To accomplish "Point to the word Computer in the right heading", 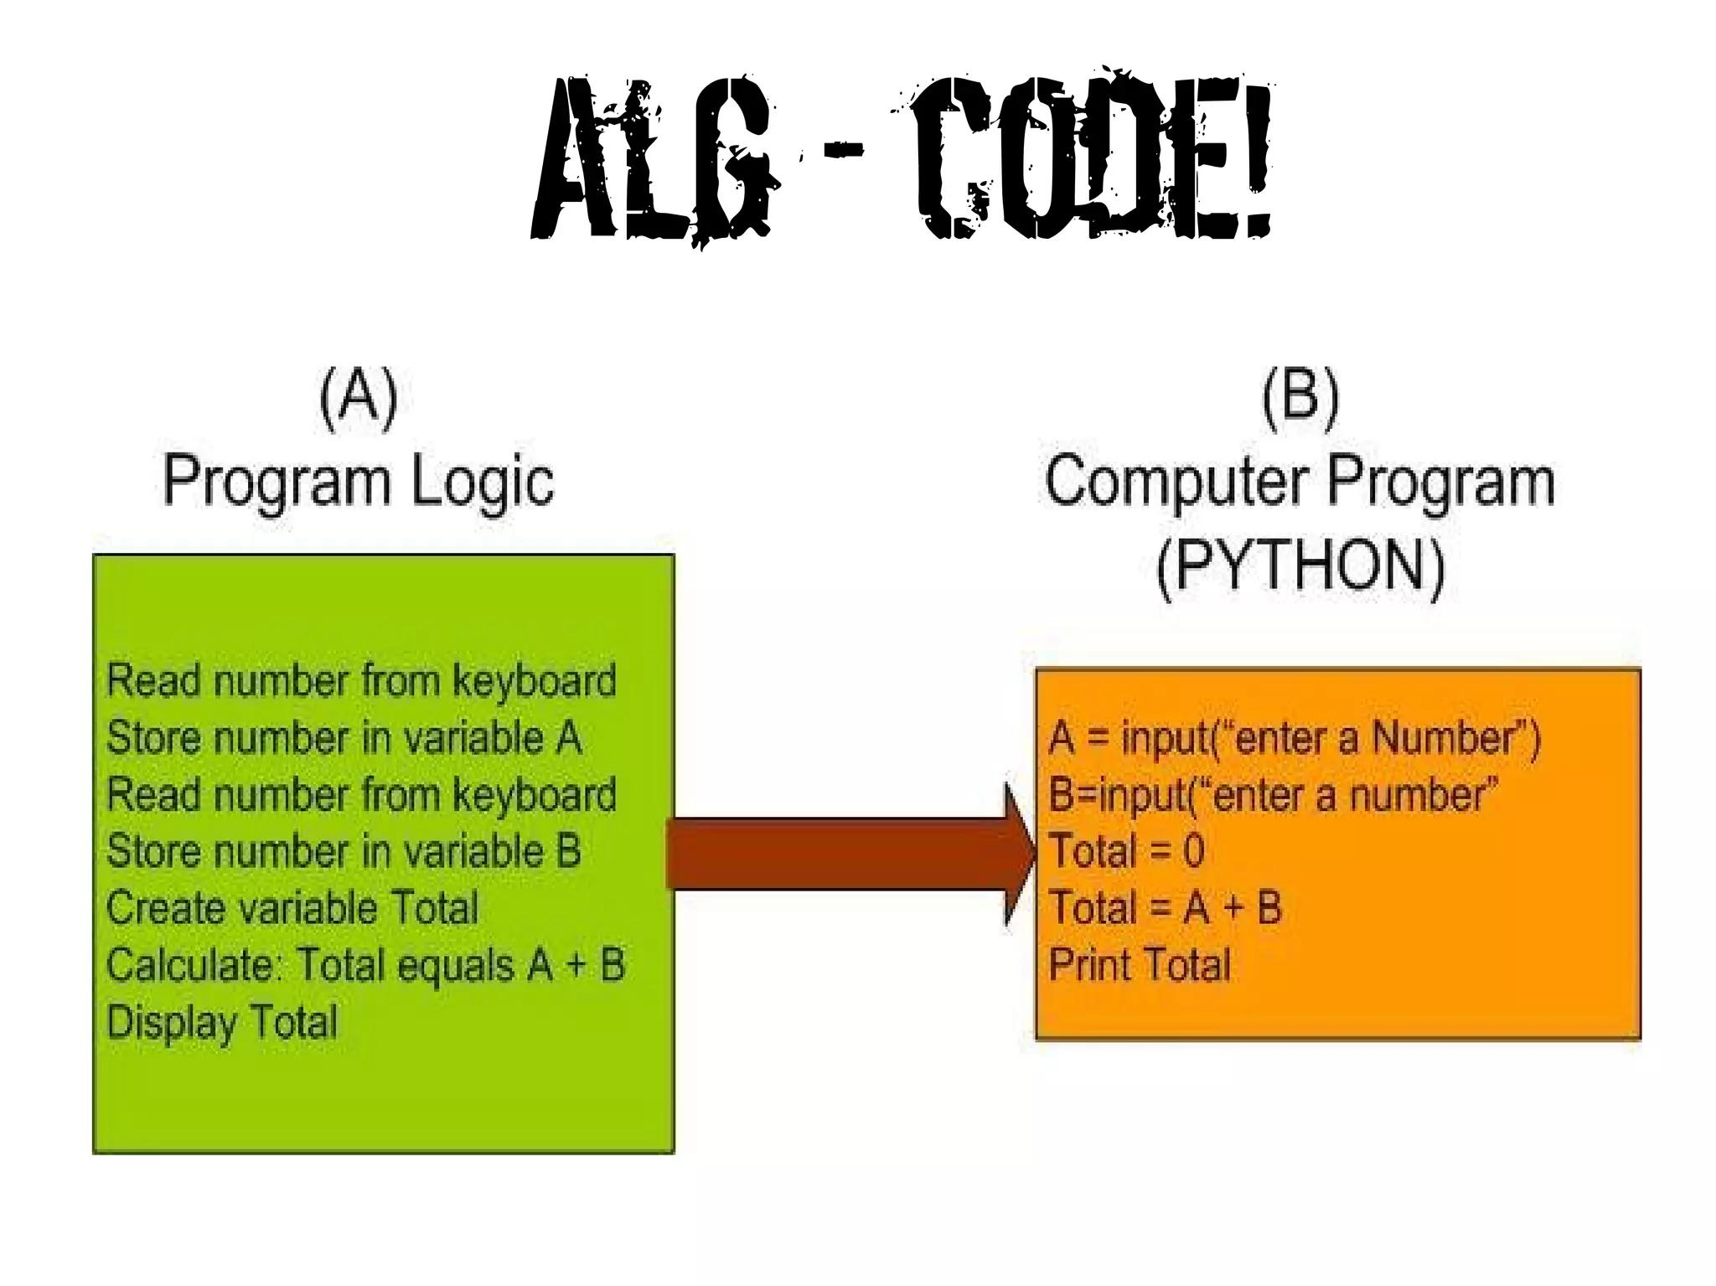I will tap(1177, 481).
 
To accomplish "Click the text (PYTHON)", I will tap(1300, 566).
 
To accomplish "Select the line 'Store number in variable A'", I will tap(344, 738).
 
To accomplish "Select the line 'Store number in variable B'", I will tap(344, 851).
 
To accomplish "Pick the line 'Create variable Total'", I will tap(292, 908).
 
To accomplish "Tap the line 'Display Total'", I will tap(222, 1023).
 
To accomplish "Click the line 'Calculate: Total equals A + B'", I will tap(365, 965).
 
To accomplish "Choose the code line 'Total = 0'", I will tap(1126, 851).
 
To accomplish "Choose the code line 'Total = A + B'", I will tap(1165, 908).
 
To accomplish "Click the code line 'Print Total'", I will tap(1140, 965).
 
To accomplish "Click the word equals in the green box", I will tap(454, 966).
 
